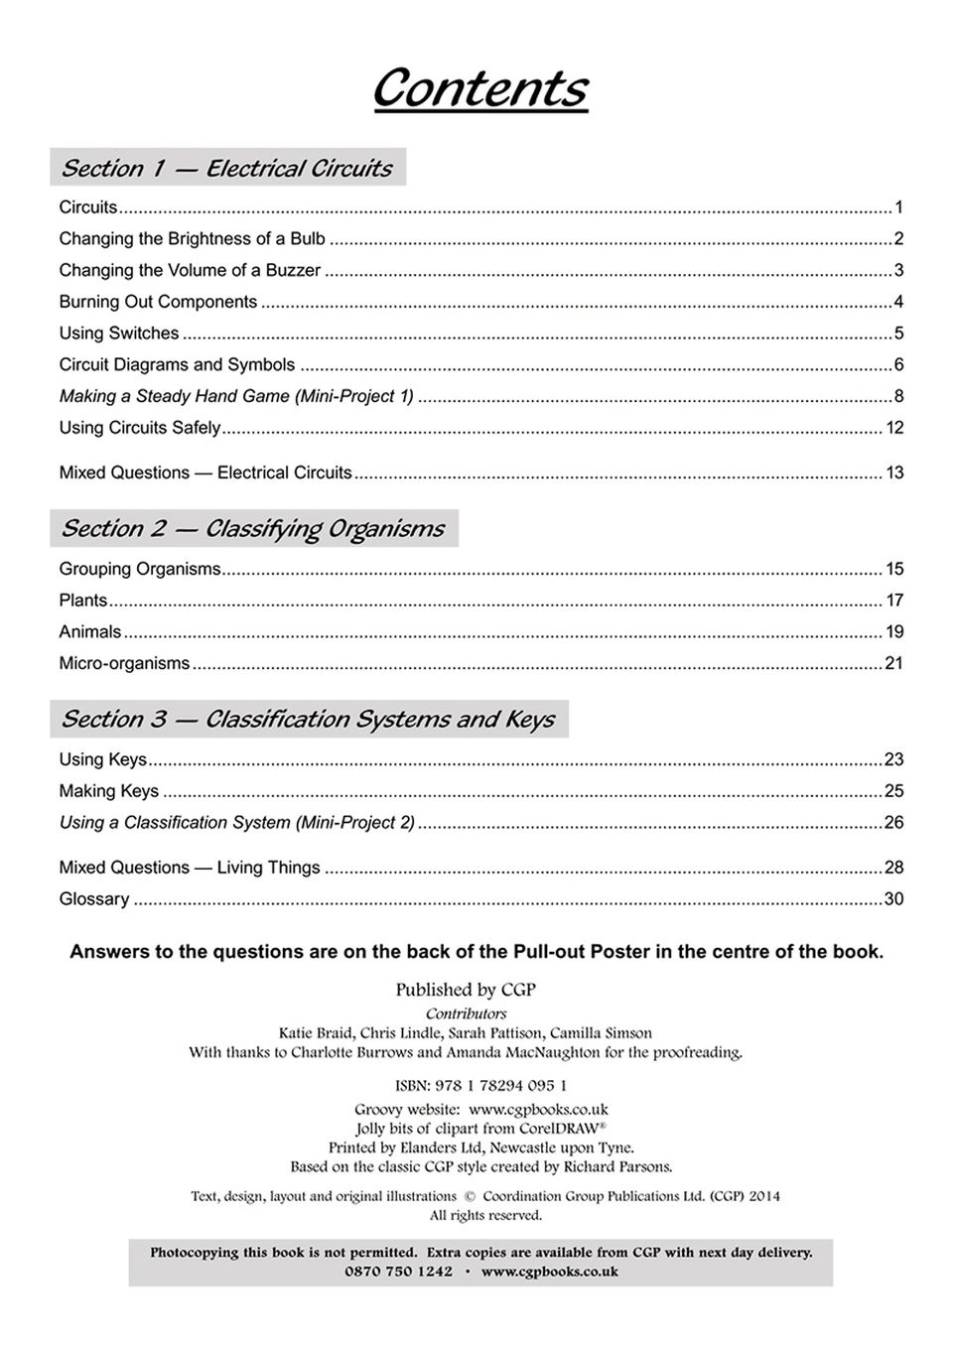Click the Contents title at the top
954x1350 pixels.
pyautogui.click(x=479, y=88)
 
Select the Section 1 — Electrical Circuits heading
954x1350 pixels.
pyautogui.click(x=227, y=168)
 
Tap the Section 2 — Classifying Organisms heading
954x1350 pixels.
pyautogui.click(x=253, y=528)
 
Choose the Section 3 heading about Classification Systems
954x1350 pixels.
pyautogui.click(x=309, y=719)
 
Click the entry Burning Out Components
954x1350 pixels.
pyautogui.click(x=158, y=302)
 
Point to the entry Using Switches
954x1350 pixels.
pyautogui.click(x=119, y=334)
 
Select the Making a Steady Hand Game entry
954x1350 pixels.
pyautogui.click(x=236, y=396)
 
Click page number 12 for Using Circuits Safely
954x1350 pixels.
pyautogui.click(x=894, y=428)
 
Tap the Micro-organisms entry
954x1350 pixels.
pyautogui.click(x=124, y=663)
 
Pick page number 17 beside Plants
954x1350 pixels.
pyautogui.click(x=894, y=601)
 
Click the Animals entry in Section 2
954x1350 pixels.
pyautogui.click(x=90, y=631)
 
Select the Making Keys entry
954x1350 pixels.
pyautogui.click(x=109, y=791)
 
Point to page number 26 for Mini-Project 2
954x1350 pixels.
pyautogui.click(x=893, y=823)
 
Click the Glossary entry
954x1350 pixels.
pyautogui.click(x=94, y=899)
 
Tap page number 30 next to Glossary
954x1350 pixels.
pyautogui.click(x=893, y=899)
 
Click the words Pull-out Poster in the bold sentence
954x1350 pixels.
pyautogui.click(x=581, y=952)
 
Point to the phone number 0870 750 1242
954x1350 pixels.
pyautogui.click(x=398, y=1272)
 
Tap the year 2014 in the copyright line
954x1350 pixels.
pyautogui.click(x=764, y=1196)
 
